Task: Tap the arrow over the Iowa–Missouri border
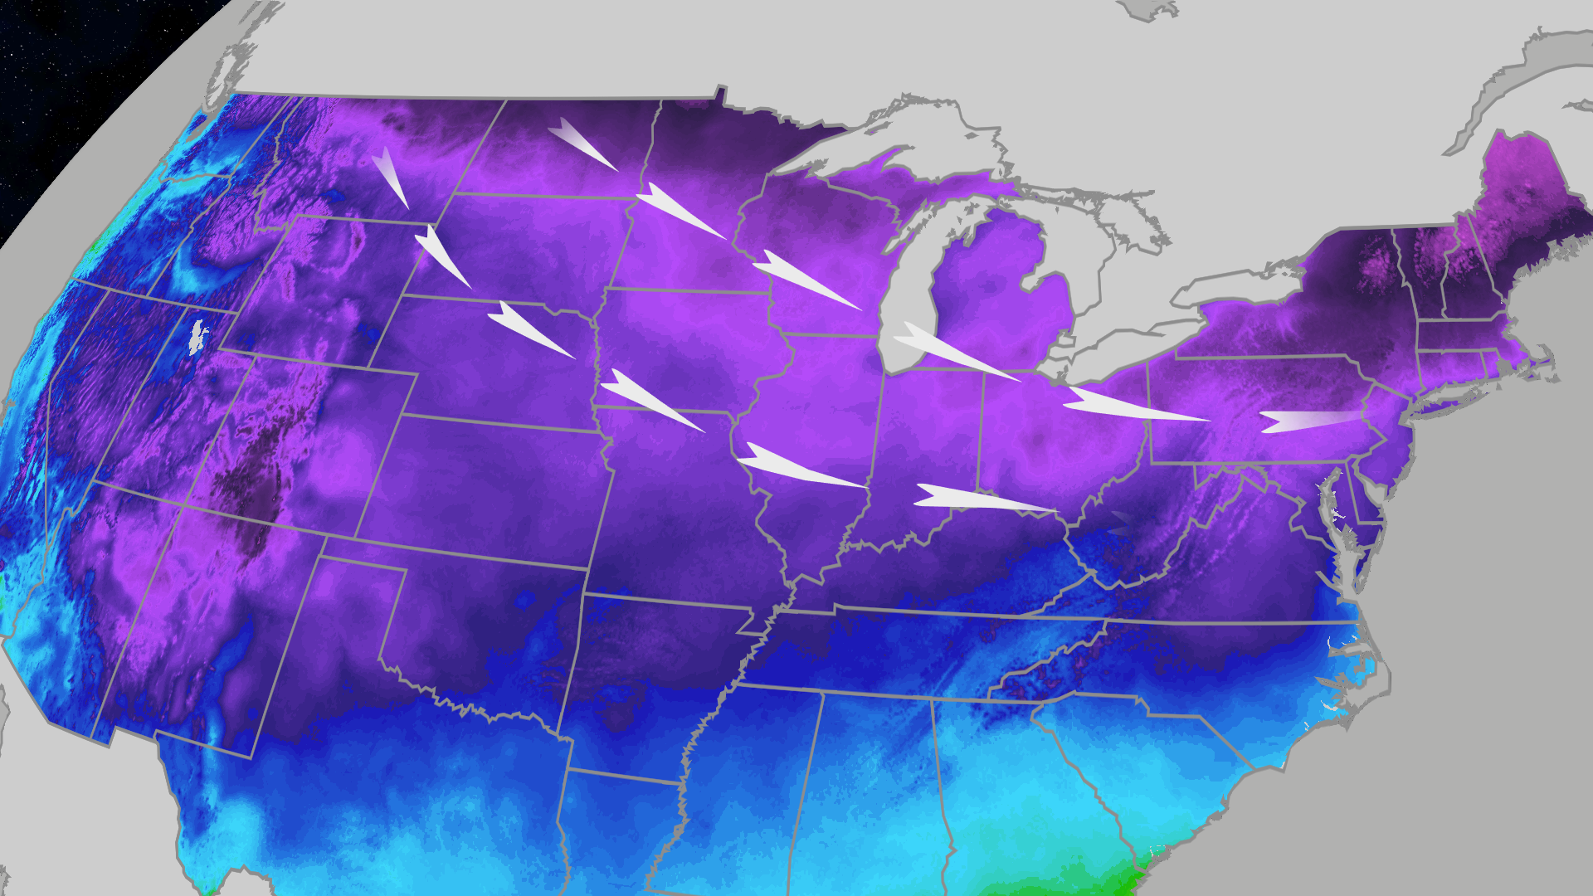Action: point(651,400)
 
